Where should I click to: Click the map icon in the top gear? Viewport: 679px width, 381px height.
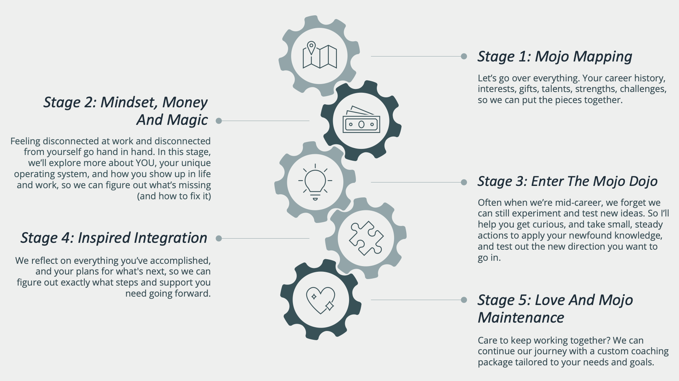pyautogui.click(x=320, y=55)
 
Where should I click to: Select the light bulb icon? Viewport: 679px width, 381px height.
pyautogui.click(x=315, y=182)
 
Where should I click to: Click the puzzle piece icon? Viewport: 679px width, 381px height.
pyautogui.click(x=366, y=238)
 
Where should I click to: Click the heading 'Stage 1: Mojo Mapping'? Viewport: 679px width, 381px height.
pyautogui.click(x=555, y=57)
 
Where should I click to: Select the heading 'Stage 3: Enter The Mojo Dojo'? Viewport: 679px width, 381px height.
pyautogui.click(x=568, y=181)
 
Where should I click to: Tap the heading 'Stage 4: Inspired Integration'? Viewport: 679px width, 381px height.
pyautogui.click(x=114, y=238)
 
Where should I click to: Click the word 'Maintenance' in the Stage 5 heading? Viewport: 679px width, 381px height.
pyautogui.click(x=521, y=318)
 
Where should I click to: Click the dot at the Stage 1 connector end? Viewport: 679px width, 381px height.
pyautogui.click(x=464, y=56)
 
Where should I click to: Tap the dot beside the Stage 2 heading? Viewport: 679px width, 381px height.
pyautogui.click(x=219, y=121)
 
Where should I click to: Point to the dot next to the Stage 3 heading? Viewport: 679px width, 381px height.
pyautogui.click(x=464, y=182)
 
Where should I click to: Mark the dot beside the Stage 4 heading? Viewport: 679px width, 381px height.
pyautogui.click(x=219, y=238)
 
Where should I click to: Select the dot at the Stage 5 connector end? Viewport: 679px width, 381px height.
pyautogui.click(x=464, y=300)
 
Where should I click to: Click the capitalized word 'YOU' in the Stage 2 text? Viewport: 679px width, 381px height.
pyautogui.click(x=145, y=163)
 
